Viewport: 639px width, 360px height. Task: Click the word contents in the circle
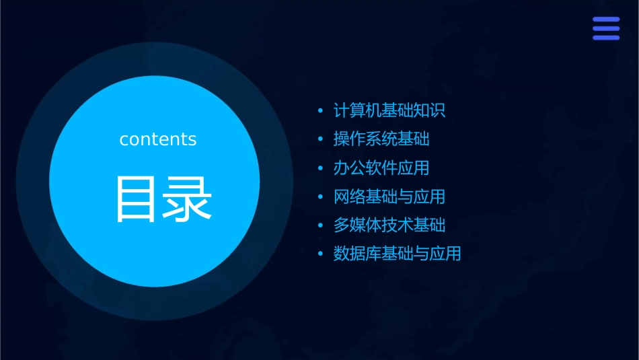[158, 139]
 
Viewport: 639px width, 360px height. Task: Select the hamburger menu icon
[605, 28]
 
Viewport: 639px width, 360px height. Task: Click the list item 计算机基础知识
[389, 110]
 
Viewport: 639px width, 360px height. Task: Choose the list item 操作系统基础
[381, 139]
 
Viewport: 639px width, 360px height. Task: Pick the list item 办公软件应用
[381, 168]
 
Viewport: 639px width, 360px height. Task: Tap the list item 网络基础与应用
[389, 196]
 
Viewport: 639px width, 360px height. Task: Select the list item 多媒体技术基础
[389, 225]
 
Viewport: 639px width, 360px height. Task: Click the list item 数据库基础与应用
[397, 254]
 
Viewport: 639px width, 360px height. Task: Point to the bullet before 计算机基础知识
[321, 110]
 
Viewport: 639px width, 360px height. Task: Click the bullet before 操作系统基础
[321, 139]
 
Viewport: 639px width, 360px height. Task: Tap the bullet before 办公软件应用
[321, 168]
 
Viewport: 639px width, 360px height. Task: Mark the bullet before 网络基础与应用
[321, 196]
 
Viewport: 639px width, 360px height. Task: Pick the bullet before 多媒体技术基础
[321, 225]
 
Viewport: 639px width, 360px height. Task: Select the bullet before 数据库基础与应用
[321, 254]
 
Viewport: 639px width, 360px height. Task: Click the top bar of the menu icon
[605, 20]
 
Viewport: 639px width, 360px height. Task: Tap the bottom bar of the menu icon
[605, 37]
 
